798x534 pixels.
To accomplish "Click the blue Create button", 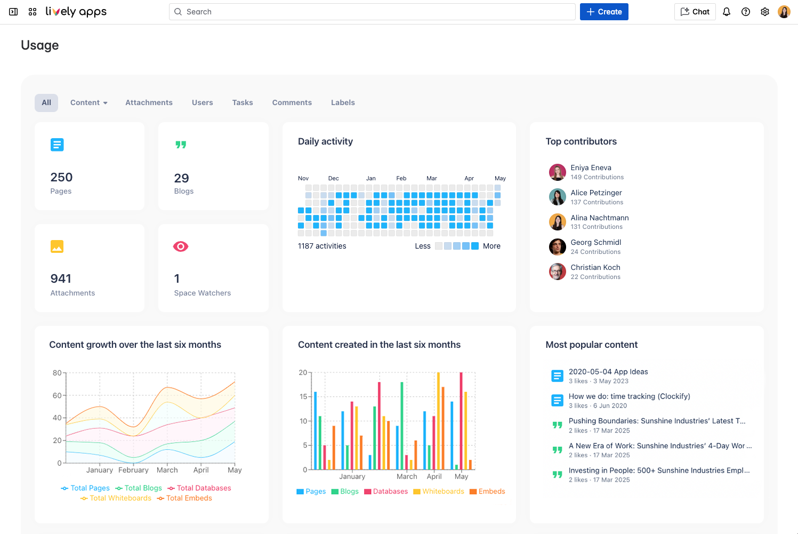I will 604,12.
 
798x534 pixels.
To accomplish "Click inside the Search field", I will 373,12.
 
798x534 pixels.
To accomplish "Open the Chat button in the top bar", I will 695,12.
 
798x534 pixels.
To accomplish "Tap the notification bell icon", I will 726,12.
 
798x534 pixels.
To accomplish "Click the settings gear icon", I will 764,12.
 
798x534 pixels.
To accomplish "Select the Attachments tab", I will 149,102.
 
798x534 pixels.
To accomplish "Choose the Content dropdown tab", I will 88,102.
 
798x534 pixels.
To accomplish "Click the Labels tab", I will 342,102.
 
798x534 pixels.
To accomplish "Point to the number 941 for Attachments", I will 61,278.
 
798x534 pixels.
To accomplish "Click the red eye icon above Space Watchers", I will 181,246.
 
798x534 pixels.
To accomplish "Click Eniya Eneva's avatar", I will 557,172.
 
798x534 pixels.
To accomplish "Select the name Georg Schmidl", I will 595,242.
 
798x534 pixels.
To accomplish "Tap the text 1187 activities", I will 322,246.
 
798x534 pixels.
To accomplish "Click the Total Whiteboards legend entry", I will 116,498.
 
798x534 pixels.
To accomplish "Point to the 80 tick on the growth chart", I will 57,373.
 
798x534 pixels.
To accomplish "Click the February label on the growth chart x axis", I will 133,470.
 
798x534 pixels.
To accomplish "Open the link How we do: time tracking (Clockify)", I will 629,396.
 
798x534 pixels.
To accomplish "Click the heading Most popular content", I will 591,345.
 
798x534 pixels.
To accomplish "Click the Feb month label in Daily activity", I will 401,178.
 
